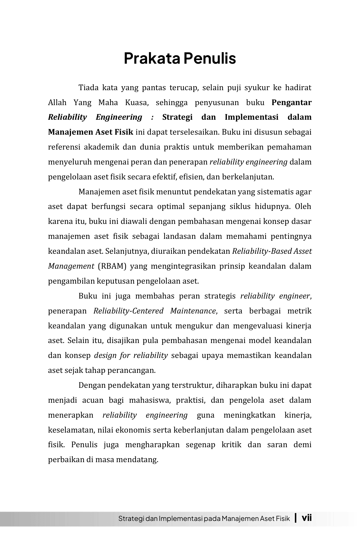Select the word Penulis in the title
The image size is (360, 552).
tap(210, 58)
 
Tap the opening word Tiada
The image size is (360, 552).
tap(89, 88)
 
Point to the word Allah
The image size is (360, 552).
tap(57, 103)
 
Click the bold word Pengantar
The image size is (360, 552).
tap(291, 103)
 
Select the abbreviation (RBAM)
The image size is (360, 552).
tap(112, 266)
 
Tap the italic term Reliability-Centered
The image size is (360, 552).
tap(129, 311)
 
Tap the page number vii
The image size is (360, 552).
tap(306, 518)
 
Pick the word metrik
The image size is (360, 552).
tap(301, 311)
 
